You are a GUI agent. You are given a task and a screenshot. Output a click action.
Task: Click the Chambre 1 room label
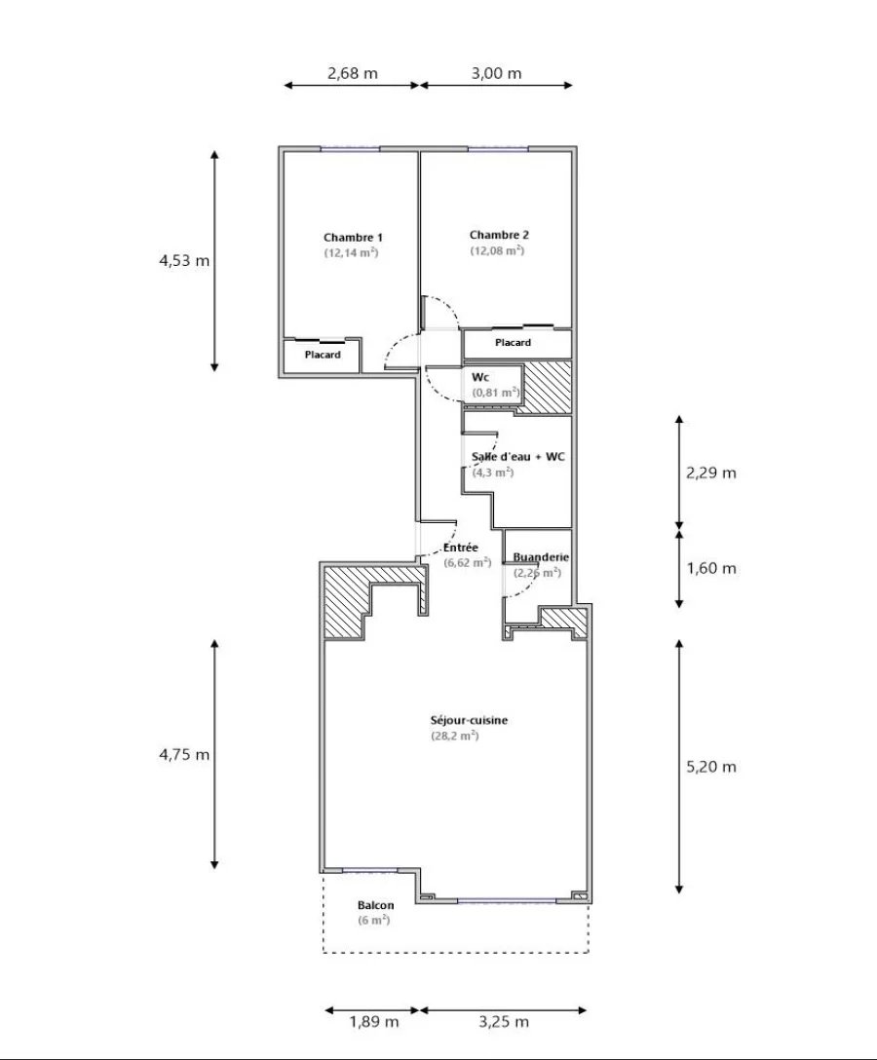[x=353, y=238]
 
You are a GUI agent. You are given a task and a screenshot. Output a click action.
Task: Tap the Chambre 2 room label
[x=499, y=235]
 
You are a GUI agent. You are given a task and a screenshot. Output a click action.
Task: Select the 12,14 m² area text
[x=350, y=253]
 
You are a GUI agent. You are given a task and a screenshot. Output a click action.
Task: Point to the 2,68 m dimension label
[x=353, y=73]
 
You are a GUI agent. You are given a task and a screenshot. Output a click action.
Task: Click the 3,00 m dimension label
[x=496, y=73]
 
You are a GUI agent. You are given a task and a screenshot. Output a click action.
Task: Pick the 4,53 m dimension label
[x=184, y=260]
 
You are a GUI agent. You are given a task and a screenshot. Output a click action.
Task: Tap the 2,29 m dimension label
[x=710, y=473]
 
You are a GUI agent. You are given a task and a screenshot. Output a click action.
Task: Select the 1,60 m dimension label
[x=710, y=568]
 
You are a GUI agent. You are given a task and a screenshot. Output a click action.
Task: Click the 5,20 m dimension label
[x=710, y=767]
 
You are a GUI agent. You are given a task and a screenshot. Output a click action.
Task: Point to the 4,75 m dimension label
[x=184, y=754]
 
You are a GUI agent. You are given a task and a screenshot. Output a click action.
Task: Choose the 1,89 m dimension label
[x=374, y=1021]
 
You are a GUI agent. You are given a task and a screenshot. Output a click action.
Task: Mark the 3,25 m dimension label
[x=504, y=1021]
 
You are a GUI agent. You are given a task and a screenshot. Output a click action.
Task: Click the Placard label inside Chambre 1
[x=323, y=355]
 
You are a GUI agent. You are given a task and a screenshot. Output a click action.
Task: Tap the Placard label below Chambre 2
[x=514, y=343]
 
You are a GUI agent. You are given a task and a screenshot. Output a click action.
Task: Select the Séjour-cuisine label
[x=470, y=721]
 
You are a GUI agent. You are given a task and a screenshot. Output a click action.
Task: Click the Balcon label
[x=376, y=906]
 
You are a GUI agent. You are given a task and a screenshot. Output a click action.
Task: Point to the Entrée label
[x=461, y=548]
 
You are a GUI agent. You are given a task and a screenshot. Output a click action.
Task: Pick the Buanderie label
[x=541, y=557]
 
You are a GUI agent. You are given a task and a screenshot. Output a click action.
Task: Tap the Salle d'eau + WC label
[x=518, y=457]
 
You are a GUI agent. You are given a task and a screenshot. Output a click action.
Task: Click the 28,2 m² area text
[x=455, y=737]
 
